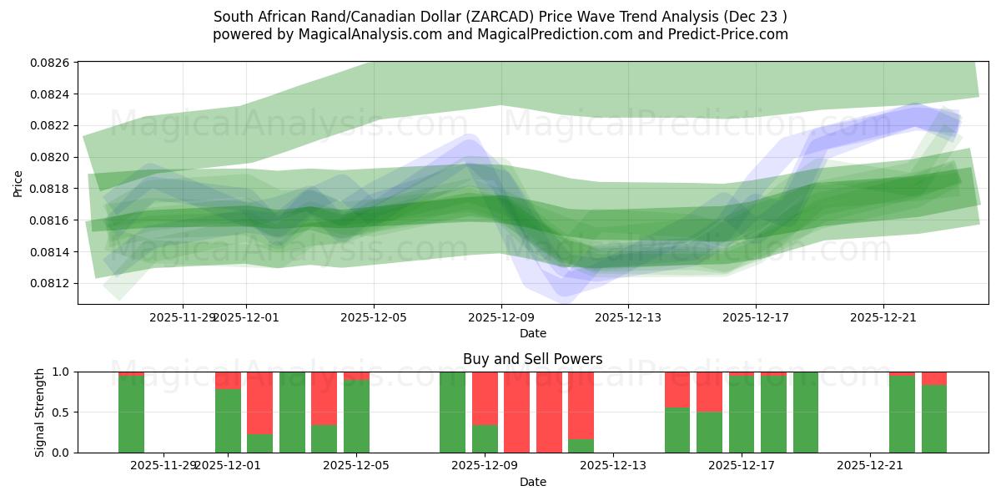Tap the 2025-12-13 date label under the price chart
[x=628, y=317]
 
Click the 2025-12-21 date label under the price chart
[x=883, y=317]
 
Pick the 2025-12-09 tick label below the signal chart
[x=485, y=465]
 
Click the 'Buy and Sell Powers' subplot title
[x=532, y=359]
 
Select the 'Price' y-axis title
[x=18, y=184]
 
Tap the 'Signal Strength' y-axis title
[x=40, y=412]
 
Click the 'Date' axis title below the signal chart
[x=532, y=482]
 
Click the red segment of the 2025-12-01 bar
[x=228, y=380]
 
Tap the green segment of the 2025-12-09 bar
[x=485, y=438]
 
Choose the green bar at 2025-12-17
[x=742, y=414]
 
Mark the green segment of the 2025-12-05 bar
[x=356, y=416]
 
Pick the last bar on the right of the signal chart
[x=934, y=417]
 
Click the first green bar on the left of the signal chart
[x=131, y=414]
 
